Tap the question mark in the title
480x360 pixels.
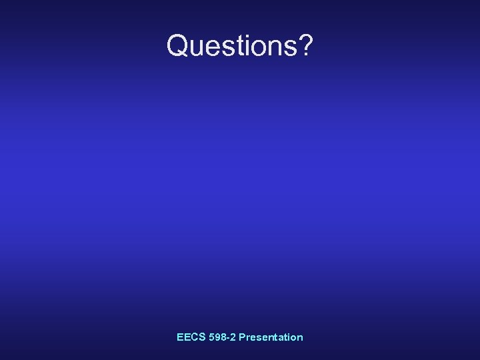[x=303, y=45]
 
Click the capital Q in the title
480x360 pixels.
[x=178, y=45]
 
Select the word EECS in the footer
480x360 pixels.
[x=190, y=337]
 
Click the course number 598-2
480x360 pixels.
[x=221, y=337]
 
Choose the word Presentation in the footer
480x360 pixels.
[x=271, y=337]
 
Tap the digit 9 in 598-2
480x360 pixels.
[x=215, y=337]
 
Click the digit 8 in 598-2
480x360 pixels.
[x=221, y=337]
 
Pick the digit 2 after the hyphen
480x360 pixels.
[x=231, y=337]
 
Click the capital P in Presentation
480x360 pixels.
[x=242, y=337]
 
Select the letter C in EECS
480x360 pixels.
[x=193, y=337]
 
